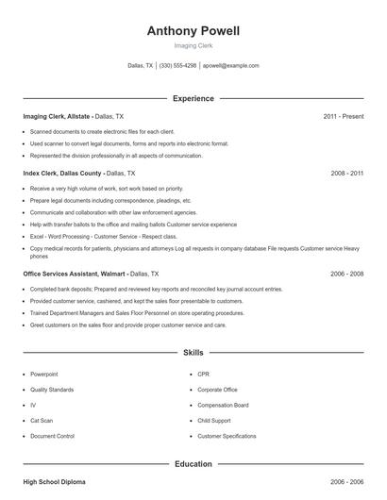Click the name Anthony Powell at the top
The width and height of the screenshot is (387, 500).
pyautogui.click(x=193, y=31)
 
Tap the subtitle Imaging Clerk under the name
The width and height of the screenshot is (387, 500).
pyautogui.click(x=193, y=45)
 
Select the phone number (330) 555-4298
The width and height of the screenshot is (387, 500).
pyautogui.click(x=177, y=66)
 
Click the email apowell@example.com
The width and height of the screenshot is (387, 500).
pyautogui.click(x=230, y=66)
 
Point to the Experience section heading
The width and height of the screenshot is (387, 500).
pyautogui.click(x=193, y=98)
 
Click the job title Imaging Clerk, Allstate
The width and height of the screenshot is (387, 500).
pyautogui.click(x=57, y=116)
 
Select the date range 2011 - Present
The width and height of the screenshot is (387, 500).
pyautogui.click(x=344, y=116)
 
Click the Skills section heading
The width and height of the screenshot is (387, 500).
pyautogui.click(x=193, y=353)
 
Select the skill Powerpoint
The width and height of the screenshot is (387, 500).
pyautogui.click(x=44, y=374)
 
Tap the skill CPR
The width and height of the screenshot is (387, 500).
pyautogui.click(x=203, y=374)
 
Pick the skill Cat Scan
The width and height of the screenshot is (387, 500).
pyautogui.click(x=42, y=421)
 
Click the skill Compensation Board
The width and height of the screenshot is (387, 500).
pyautogui.click(x=222, y=405)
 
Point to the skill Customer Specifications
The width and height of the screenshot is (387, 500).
pyautogui.click(x=227, y=437)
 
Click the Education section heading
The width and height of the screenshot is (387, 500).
pyautogui.click(x=193, y=464)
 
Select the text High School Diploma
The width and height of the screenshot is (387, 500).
pyautogui.click(x=54, y=482)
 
